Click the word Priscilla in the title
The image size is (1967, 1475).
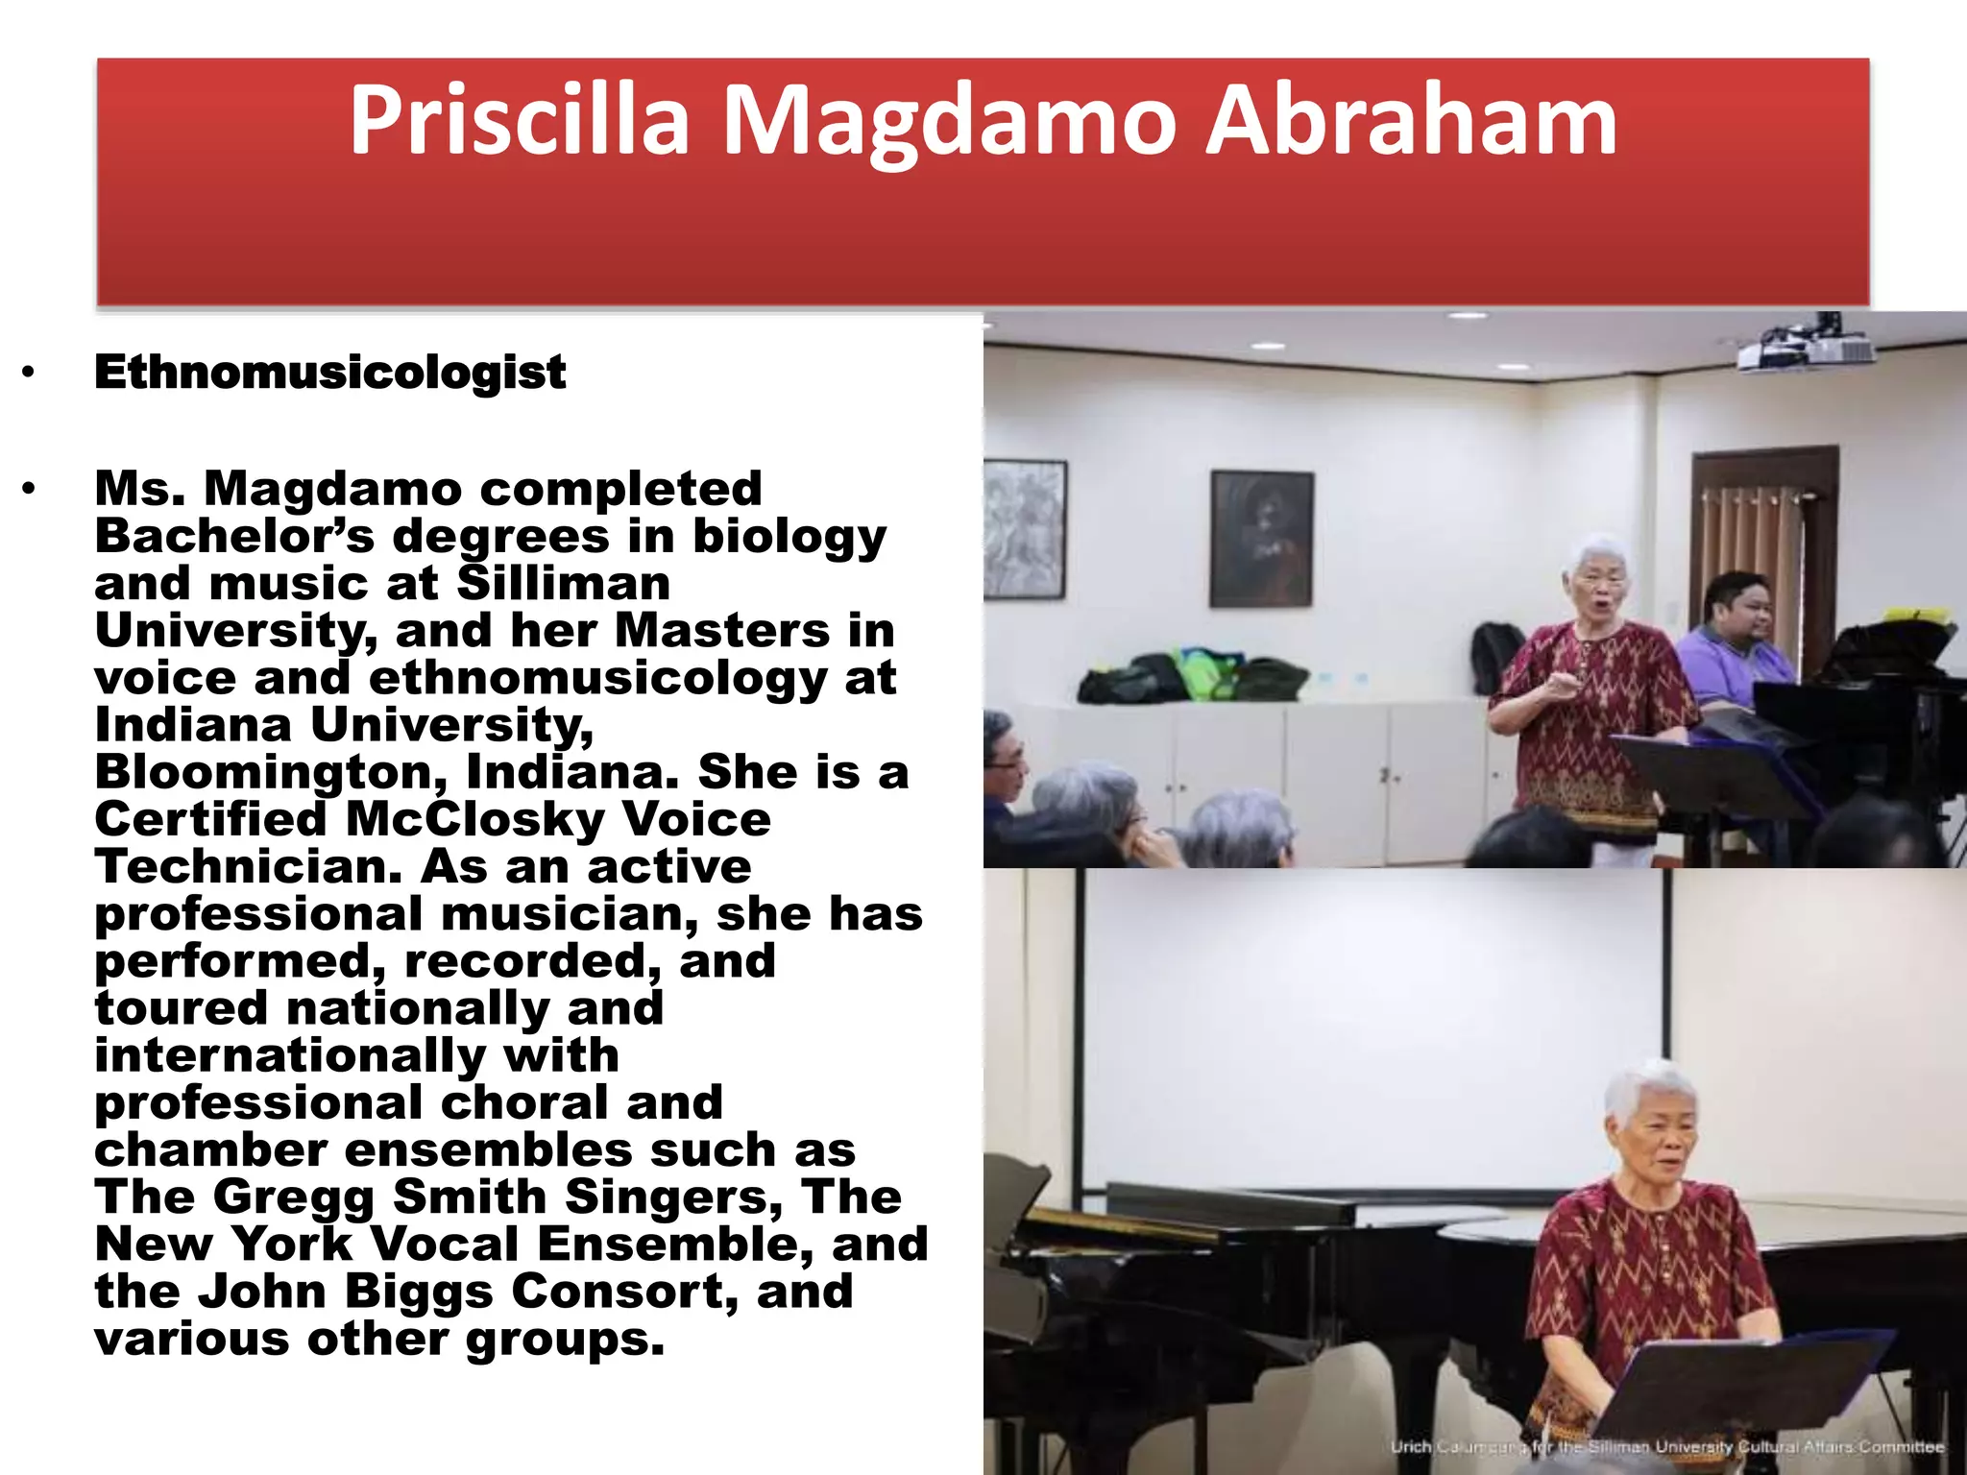pos(519,122)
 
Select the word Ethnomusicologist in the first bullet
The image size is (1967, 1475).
pos(329,373)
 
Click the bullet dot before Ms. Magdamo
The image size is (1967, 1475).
pos(29,490)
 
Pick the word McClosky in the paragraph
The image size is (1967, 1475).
pos(474,820)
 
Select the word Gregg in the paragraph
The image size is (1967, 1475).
pos(293,1197)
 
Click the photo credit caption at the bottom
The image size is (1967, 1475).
pos(1666,1446)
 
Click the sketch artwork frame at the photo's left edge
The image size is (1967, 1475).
pos(1024,528)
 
